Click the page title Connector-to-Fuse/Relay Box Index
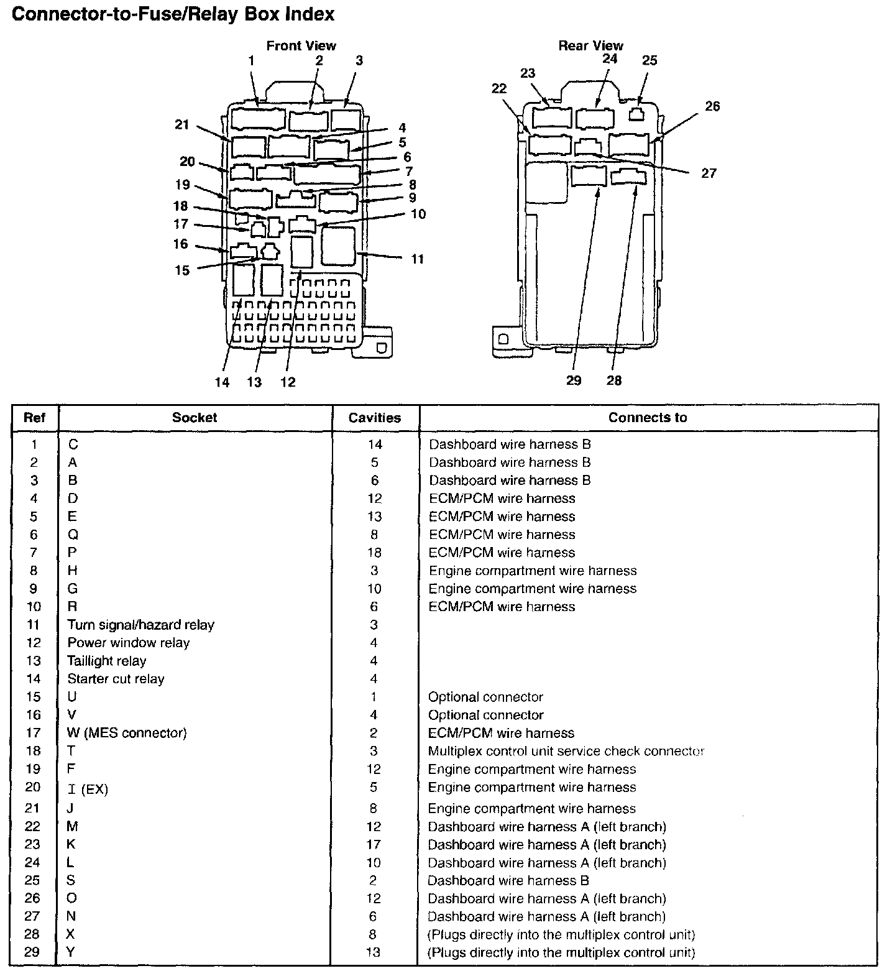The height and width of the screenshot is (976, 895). (x=173, y=14)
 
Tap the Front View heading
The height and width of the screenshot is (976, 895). (x=301, y=45)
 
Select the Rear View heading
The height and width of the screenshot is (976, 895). (x=590, y=45)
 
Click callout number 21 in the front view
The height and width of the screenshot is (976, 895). (x=181, y=125)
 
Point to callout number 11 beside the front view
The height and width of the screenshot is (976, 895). (x=418, y=259)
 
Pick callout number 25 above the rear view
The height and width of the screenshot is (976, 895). (x=649, y=60)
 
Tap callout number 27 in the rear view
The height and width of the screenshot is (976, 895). (x=709, y=173)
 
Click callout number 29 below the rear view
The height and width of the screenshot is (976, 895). (x=574, y=380)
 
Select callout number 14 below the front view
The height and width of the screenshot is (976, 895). (x=222, y=382)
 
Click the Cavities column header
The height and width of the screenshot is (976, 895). (x=375, y=418)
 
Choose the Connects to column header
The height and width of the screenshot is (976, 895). (x=648, y=418)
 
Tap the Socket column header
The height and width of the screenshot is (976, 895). (x=195, y=418)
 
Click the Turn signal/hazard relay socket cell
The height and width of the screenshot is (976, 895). (x=141, y=625)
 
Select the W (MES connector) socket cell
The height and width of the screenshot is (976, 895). (x=127, y=733)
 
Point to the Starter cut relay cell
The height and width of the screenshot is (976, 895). (x=116, y=679)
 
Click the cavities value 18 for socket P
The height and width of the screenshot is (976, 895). (x=374, y=553)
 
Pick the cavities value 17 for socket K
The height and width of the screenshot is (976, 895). (x=374, y=845)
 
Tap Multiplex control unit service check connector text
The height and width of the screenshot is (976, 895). (x=566, y=751)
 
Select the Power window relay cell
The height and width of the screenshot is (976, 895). (x=129, y=643)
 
